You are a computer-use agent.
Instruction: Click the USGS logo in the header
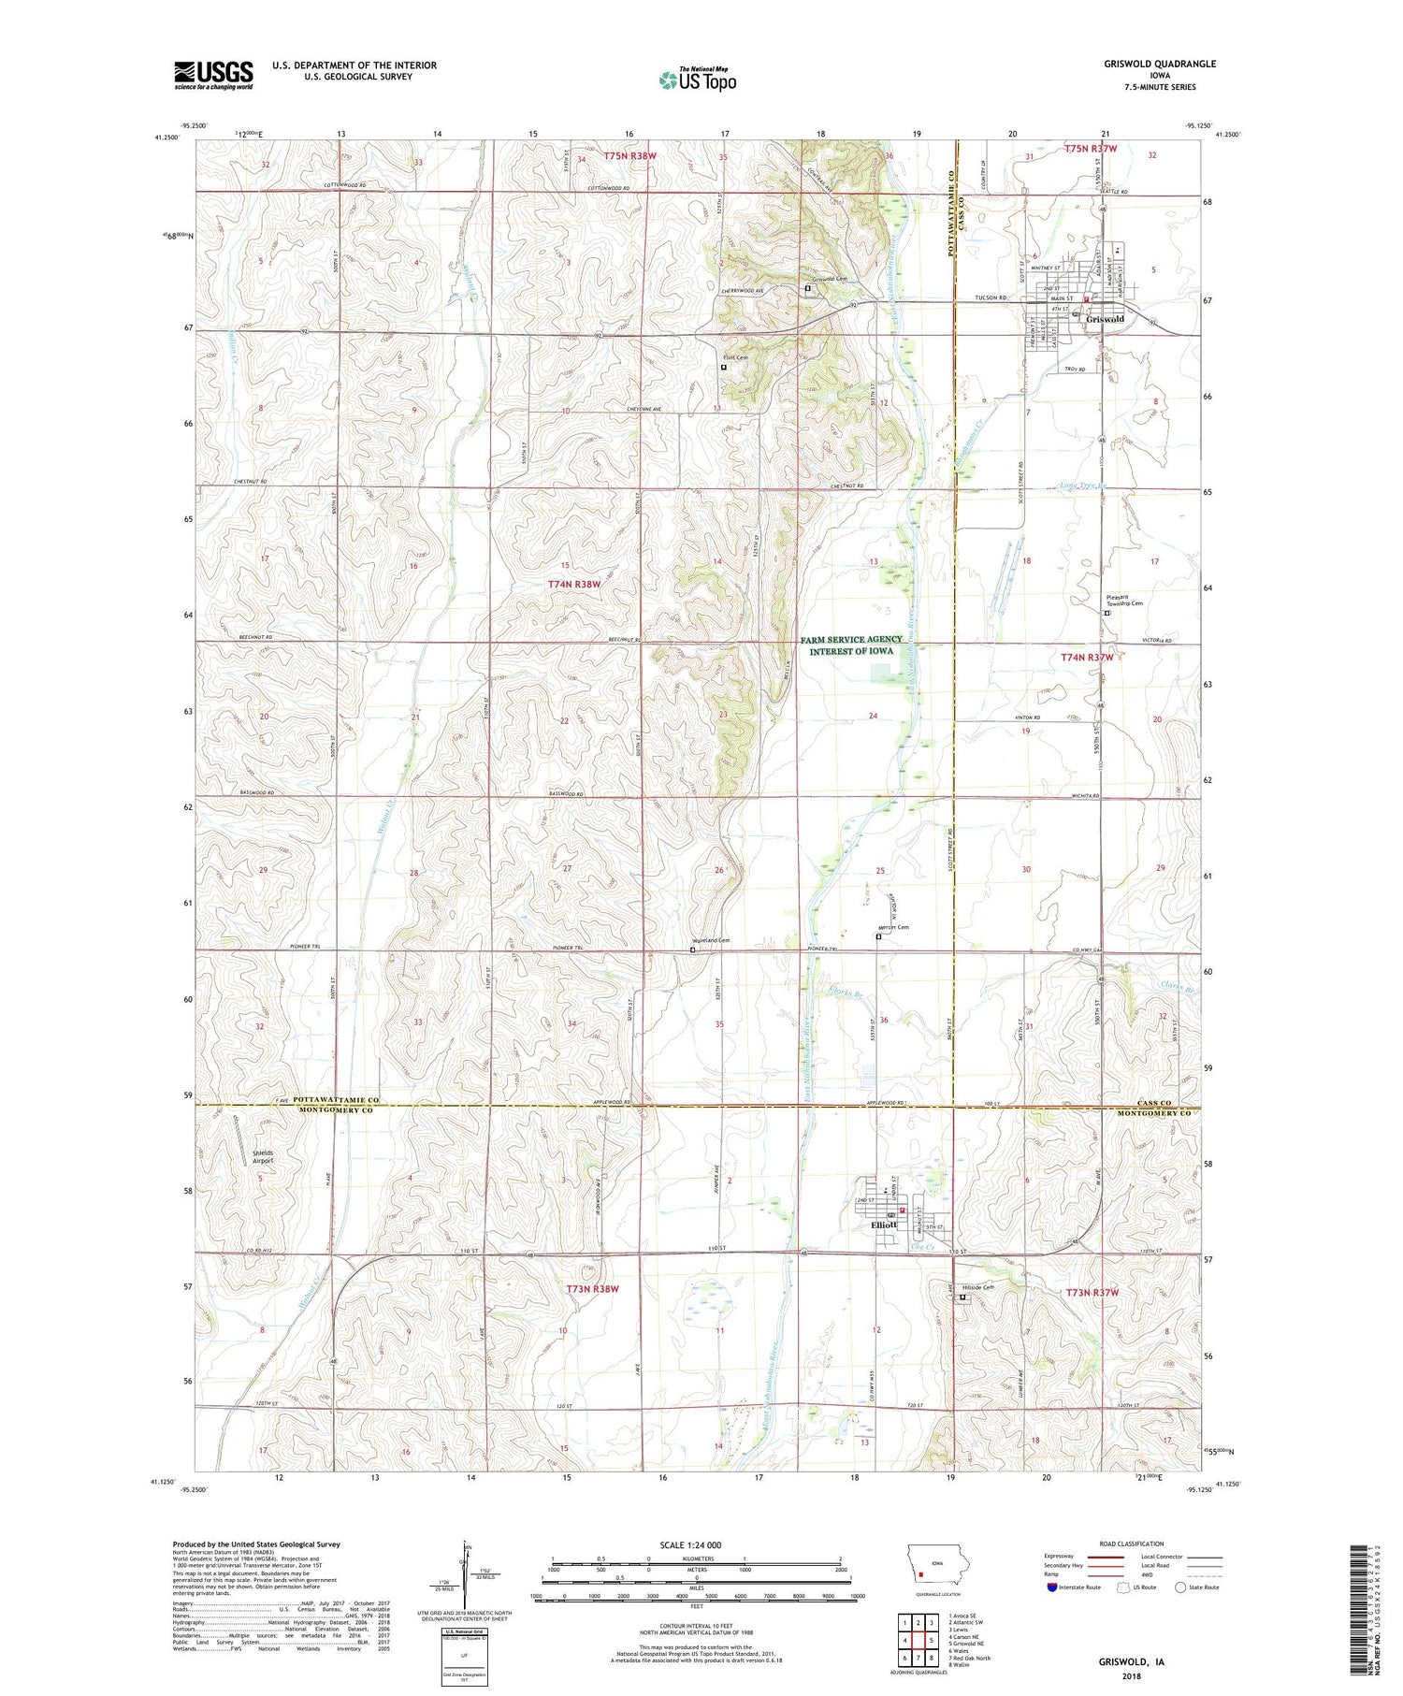pyautogui.click(x=213, y=75)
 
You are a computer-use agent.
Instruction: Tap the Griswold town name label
pyautogui.click(x=1106, y=319)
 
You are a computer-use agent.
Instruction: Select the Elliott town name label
pyautogui.click(x=884, y=1225)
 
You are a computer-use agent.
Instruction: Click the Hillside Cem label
pyautogui.click(x=981, y=1287)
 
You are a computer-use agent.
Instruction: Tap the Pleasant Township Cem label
pyautogui.click(x=1124, y=600)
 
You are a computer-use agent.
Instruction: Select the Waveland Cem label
pyautogui.click(x=710, y=940)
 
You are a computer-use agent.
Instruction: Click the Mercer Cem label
pyautogui.click(x=893, y=927)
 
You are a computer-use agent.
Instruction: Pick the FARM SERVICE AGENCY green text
pyautogui.click(x=851, y=640)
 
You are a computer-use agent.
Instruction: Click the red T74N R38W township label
pyautogui.click(x=573, y=584)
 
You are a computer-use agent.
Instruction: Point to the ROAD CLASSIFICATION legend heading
pyautogui.click(x=1132, y=1544)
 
